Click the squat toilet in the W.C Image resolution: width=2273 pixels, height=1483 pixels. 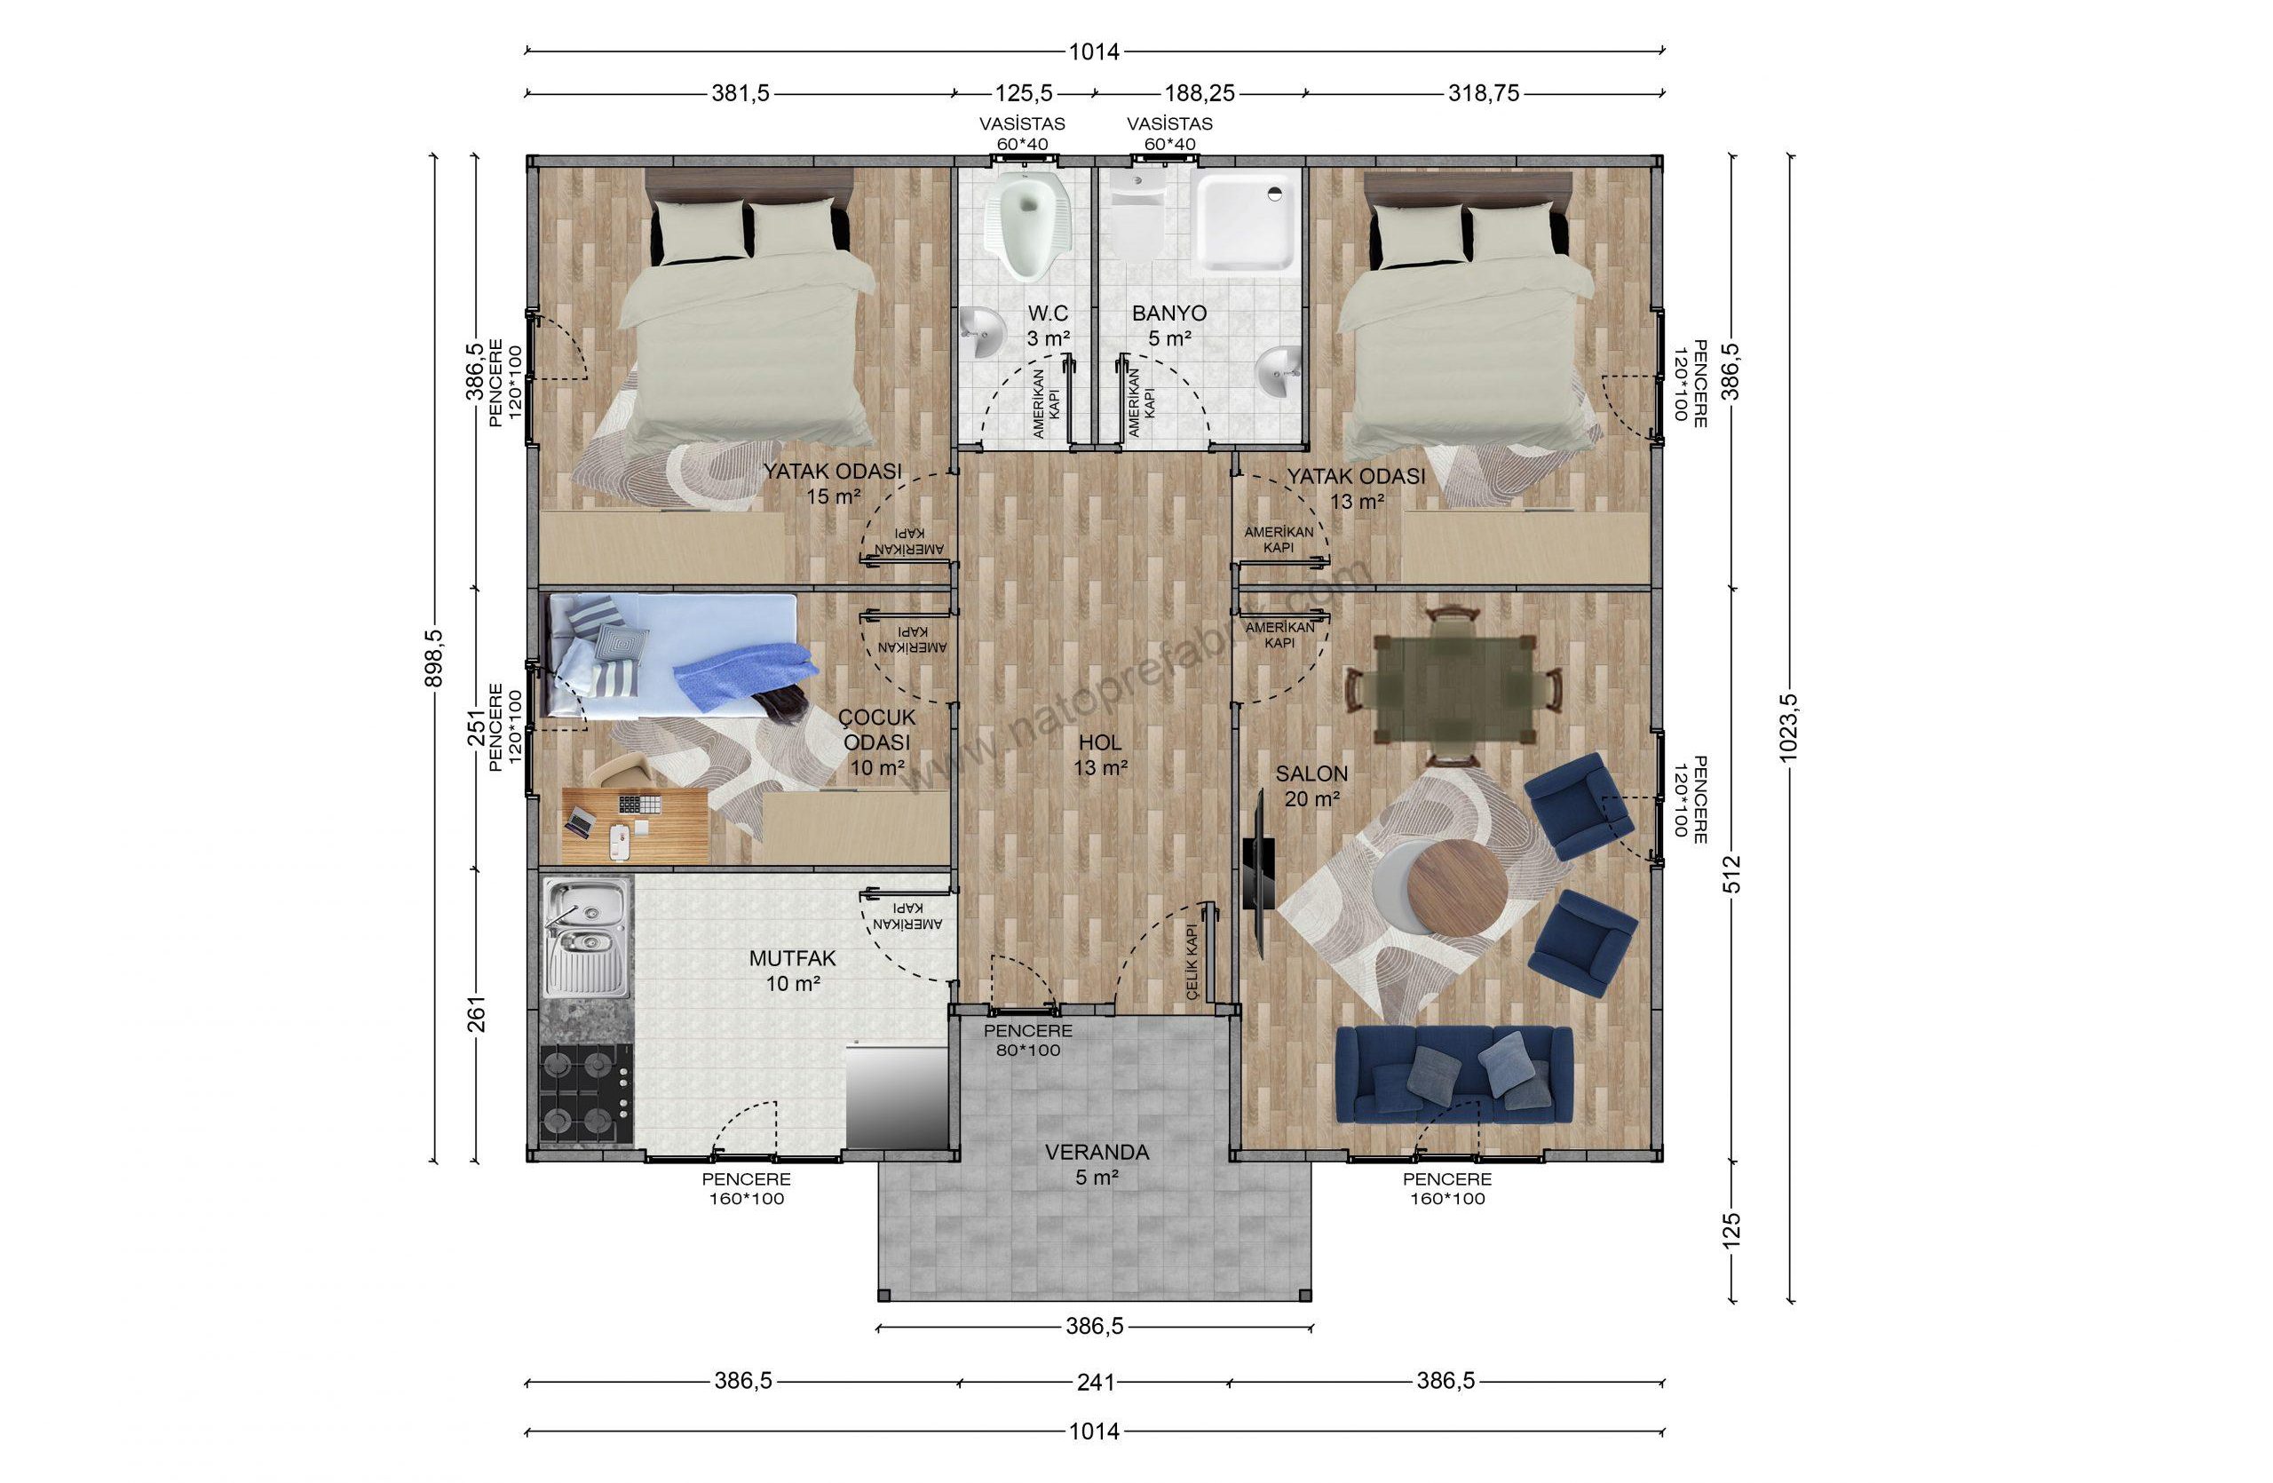pyautogui.click(x=1027, y=228)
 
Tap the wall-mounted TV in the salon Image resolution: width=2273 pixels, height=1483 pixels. pyautogui.click(x=1259, y=874)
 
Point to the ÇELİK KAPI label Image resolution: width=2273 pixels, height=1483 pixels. pyautogui.click(x=1191, y=963)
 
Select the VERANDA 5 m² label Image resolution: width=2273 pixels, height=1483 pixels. pyautogui.click(x=1097, y=1165)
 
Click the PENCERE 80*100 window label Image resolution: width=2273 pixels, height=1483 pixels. pyautogui.click(x=1027, y=1041)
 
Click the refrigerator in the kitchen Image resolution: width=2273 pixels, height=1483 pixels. pyautogui.click(x=895, y=1096)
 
